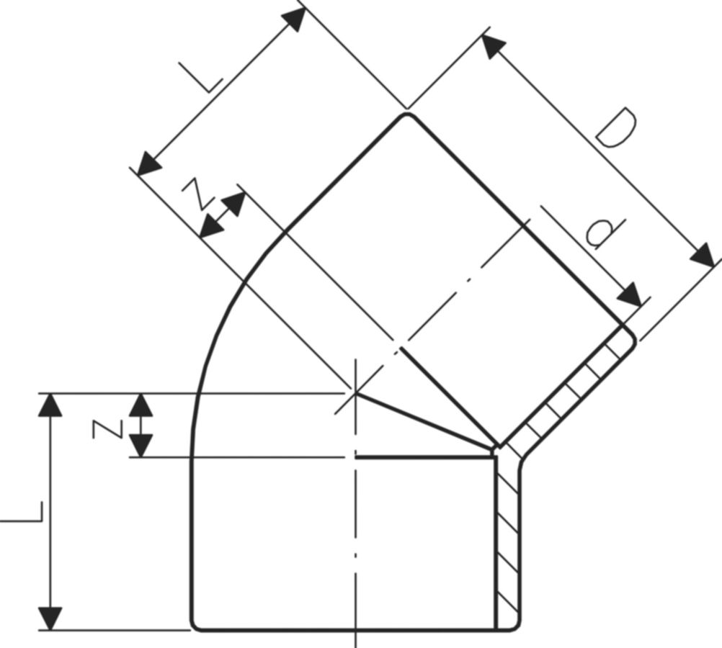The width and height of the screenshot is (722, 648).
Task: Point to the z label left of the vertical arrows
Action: [106, 430]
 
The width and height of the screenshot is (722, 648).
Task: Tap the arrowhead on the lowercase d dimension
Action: [629, 294]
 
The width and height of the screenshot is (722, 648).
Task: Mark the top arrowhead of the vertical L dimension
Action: [50, 405]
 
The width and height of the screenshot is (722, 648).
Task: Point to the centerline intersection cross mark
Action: [355, 392]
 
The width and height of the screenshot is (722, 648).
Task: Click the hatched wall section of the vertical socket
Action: [507, 540]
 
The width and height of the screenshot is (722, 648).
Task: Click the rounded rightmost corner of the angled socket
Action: [632, 337]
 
